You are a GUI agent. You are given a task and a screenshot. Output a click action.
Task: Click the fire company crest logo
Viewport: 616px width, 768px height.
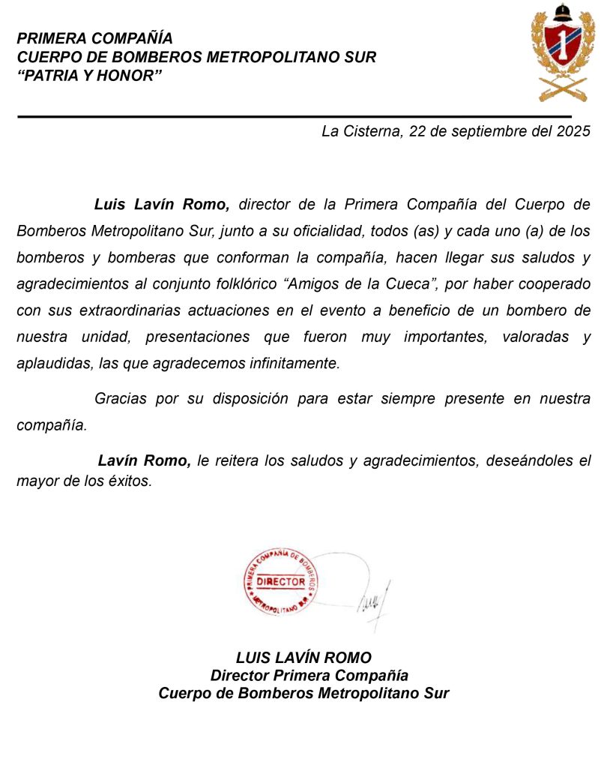coord(563,54)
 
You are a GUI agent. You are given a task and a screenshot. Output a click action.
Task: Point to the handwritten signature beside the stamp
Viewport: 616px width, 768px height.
coord(372,600)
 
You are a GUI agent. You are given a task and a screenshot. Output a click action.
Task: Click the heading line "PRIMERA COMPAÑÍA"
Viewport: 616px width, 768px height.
coord(94,38)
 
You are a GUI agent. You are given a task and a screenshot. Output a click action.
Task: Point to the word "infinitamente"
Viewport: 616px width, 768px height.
coord(297,364)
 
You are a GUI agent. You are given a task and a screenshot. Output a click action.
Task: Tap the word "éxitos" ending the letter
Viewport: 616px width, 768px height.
coord(131,481)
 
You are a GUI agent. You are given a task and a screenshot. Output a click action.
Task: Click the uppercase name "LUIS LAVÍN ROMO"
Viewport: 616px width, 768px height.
coord(304,658)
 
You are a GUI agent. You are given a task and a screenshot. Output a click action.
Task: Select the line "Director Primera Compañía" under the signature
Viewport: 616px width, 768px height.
coord(309,676)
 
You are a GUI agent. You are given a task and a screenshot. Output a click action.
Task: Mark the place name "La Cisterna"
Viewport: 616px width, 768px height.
coord(359,131)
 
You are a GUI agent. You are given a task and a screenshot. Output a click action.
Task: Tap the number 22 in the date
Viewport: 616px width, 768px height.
coord(417,131)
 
